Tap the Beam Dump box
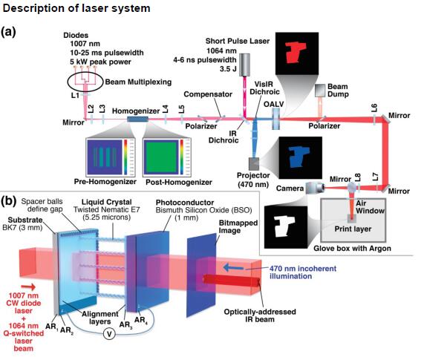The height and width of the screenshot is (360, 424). point(320,91)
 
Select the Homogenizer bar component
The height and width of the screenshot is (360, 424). point(137,120)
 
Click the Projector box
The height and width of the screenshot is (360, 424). point(254,164)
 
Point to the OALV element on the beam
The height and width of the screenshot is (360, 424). point(275,119)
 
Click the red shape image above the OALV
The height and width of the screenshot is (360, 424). point(297,53)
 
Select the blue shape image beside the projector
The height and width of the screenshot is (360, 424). point(301,158)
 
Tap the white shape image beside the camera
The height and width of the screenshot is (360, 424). point(286,227)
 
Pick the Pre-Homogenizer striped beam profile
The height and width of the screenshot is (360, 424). point(105,157)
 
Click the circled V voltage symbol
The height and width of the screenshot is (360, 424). point(109,334)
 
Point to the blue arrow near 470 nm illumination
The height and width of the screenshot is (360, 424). point(234,268)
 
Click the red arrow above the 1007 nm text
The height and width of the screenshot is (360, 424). point(28,287)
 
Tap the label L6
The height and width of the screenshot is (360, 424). point(374,108)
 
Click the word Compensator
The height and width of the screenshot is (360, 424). point(208,94)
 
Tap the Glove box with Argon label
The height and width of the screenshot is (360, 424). point(352,249)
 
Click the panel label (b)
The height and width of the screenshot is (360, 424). point(8,201)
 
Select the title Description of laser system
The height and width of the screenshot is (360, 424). point(76,8)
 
